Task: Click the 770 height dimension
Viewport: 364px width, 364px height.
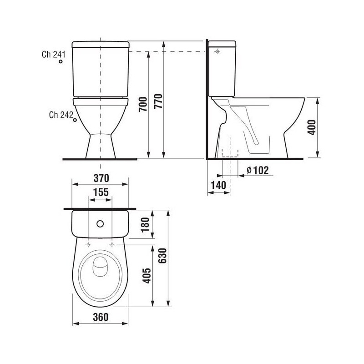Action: [x=158, y=101]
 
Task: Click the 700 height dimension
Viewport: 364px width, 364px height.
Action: [x=143, y=105]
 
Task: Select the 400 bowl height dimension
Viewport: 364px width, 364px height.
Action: [x=312, y=127]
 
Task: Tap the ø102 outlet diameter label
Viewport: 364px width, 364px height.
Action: [x=258, y=170]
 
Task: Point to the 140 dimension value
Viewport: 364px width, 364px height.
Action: [x=218, y=185]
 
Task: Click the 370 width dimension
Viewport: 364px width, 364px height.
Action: [x=101, y=178]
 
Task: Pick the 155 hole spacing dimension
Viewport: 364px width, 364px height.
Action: [x=101, y=192]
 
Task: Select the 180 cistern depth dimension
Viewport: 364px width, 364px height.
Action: [x=145, y=225]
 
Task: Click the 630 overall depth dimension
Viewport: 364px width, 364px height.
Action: [x=162, y=256]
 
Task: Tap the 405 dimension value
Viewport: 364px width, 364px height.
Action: [x=147, y=276]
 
